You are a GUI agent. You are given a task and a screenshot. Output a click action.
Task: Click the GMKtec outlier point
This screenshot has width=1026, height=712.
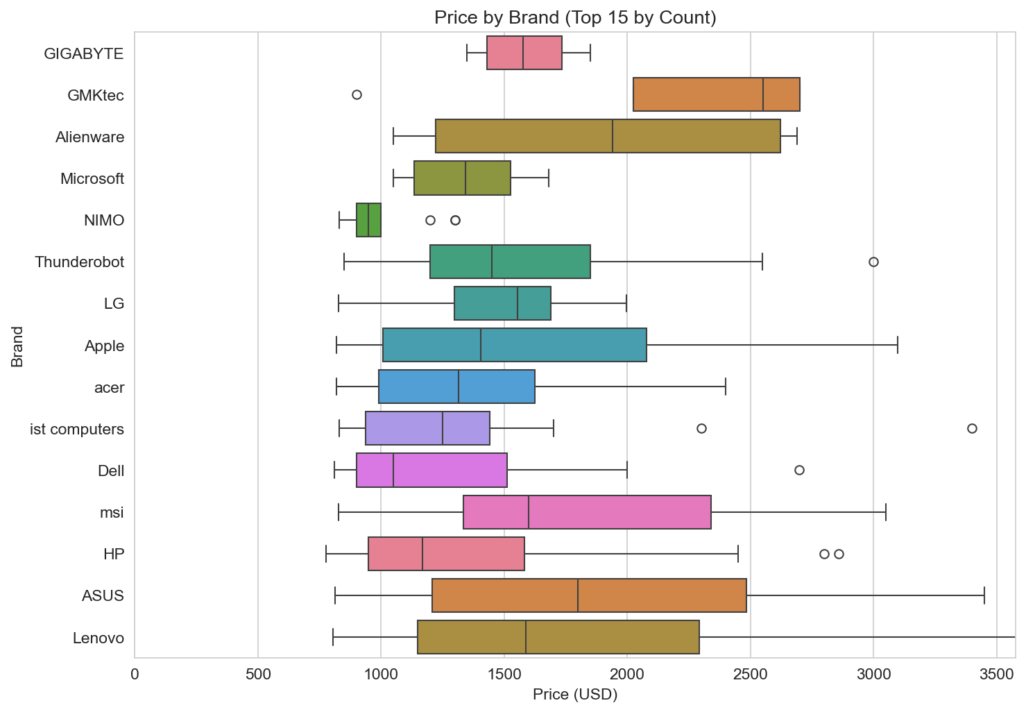point(357,94)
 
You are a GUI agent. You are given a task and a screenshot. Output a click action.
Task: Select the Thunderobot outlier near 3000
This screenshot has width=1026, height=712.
point(873,262)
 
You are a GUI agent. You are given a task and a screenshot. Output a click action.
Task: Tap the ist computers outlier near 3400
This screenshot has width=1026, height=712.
point(972,428)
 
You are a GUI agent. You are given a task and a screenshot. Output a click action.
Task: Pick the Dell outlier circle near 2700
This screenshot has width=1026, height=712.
point(799,470)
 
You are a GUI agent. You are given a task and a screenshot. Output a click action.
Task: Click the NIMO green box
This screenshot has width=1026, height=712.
point(368,220)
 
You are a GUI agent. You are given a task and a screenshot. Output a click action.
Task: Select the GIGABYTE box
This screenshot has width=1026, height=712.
point(524,53)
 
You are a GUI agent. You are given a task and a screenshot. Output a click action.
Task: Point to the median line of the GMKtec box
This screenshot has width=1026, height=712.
point(763,94)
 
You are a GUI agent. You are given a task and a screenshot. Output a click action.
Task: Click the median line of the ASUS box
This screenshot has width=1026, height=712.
point(578,595)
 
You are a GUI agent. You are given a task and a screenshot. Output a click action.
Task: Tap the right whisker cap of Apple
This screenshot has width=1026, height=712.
point(898,345)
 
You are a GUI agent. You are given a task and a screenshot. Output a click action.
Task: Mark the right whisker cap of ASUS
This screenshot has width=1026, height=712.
point(984,595)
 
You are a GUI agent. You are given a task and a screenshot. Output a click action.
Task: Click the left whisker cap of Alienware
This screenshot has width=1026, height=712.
point(393,137)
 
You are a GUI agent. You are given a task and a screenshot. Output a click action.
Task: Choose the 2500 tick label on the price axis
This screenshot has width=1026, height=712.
point(750,674)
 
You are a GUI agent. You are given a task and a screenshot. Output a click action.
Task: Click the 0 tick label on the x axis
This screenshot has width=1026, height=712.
point(135,674)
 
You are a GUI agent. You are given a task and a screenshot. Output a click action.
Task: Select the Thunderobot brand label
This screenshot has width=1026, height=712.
point(80,262)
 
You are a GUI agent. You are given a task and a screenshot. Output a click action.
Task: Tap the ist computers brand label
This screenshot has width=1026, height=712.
point(77,429)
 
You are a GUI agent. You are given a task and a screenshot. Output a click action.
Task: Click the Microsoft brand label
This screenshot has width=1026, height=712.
point(92,179)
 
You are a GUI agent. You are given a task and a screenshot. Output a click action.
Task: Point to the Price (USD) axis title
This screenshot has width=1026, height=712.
point(575,695)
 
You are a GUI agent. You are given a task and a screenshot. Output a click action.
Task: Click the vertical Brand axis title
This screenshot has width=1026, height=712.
point(17,346)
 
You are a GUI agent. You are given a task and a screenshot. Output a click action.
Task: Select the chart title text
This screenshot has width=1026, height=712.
point(575,17)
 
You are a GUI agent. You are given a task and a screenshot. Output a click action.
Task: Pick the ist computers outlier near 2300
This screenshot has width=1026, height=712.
point(701,428)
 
